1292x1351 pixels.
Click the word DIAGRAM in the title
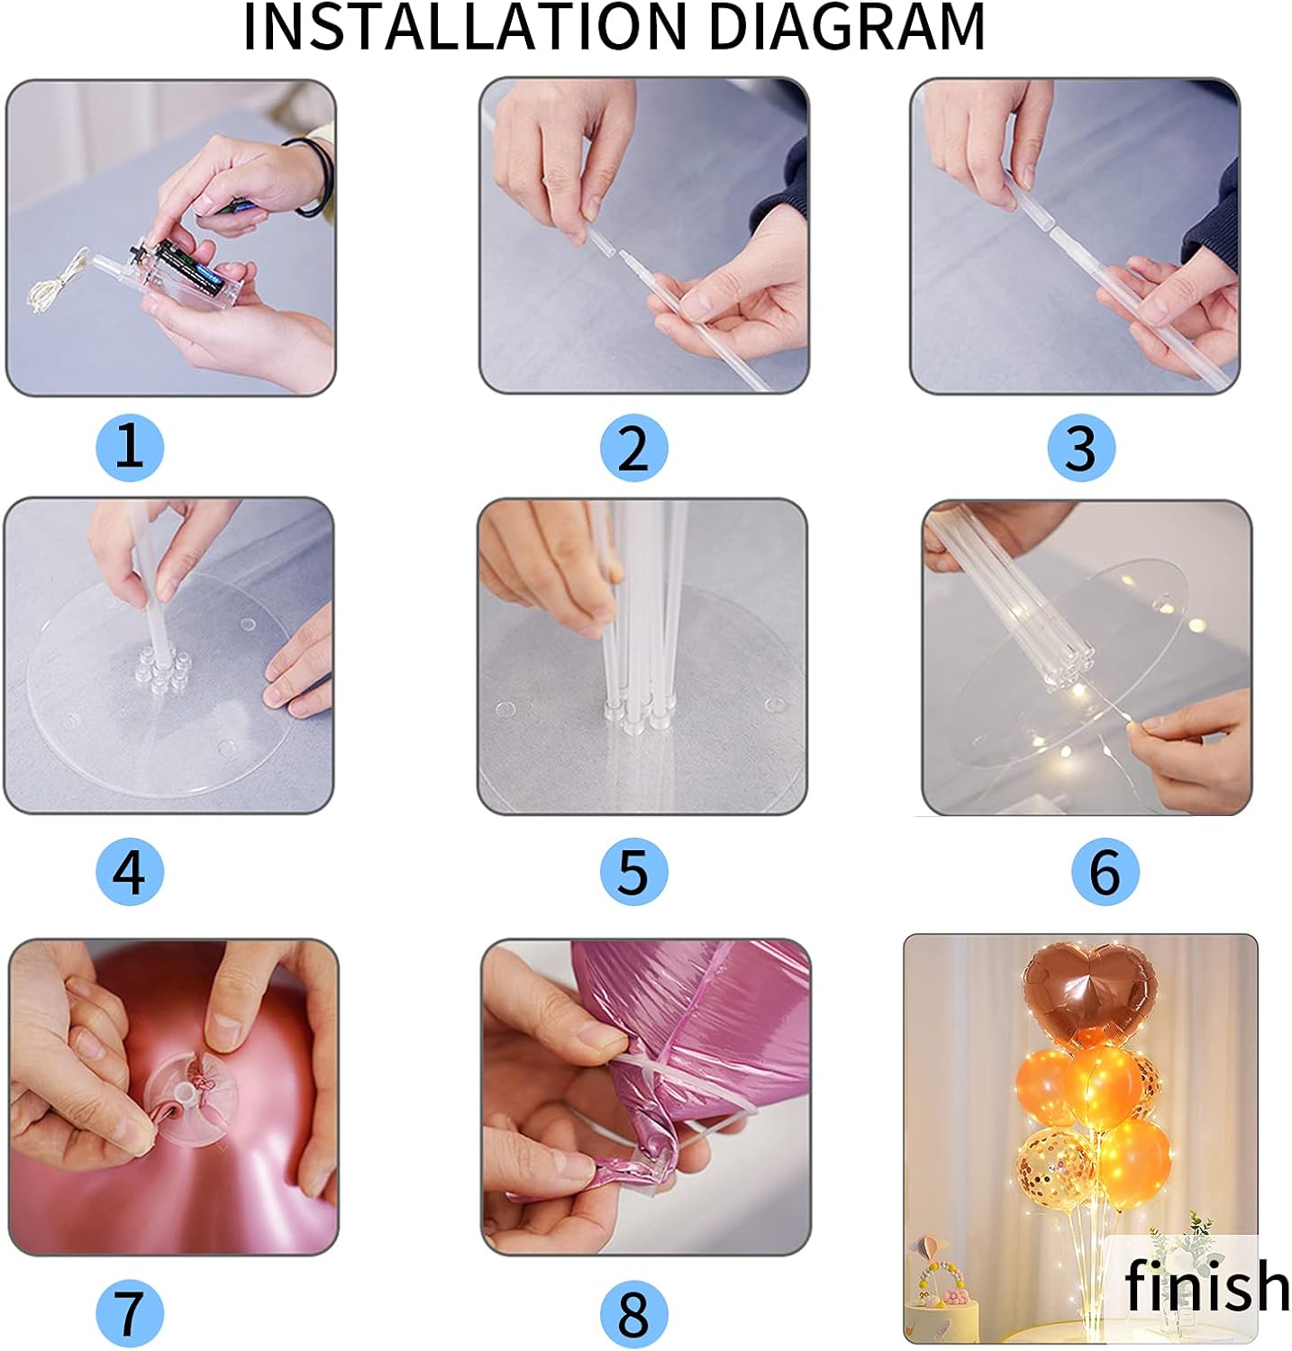click(848, 27)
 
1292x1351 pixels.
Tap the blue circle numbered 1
click(130, 447)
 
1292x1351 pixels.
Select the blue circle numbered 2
click(633, 448)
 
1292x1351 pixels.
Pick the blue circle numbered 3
click(1081, 448)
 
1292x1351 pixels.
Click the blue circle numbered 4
click(130, 872)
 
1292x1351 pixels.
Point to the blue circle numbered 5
click(633, 872)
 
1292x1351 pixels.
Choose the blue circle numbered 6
click(1105, 872)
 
